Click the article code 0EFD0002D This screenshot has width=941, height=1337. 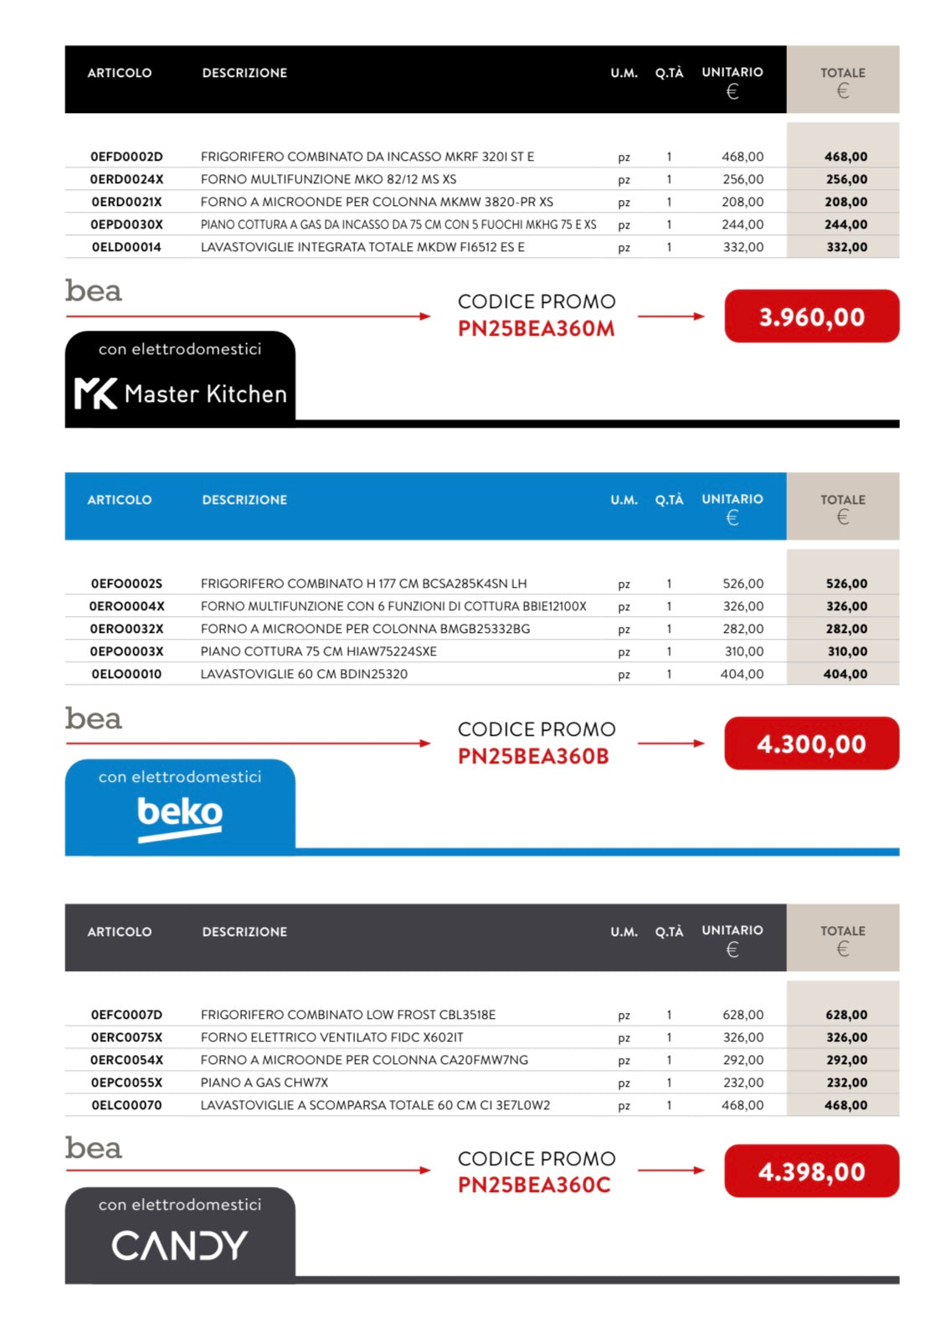coord(126,157)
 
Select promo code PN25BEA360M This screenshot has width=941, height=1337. coord(536,329)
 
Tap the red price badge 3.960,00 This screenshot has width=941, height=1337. coord(811,316)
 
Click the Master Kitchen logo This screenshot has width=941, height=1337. coord(181,393)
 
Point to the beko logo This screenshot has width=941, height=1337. coord(180,815)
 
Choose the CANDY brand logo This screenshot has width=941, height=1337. coord(180,1245)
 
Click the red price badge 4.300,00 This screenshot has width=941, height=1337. coord(811,743)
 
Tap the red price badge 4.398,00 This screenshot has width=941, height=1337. coord(811,1171)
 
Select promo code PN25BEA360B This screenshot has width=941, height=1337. coord(533,756)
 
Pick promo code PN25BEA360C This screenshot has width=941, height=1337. coord(534,1185)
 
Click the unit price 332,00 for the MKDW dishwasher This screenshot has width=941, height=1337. coord(743,247)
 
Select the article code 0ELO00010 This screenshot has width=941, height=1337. coord(126,674)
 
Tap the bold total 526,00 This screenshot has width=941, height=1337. coord(846,584)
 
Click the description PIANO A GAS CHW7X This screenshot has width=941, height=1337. coord(265,1082)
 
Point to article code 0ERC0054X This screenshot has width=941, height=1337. coord(126,1060)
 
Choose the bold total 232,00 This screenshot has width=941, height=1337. coord(846,1082)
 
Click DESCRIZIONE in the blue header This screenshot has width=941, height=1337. coord(244,500)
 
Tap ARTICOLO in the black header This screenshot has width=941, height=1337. coord(120,73)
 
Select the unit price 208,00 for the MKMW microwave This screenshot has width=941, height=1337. coord(743,202)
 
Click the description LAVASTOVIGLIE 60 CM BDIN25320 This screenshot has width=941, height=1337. coord(304,674)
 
